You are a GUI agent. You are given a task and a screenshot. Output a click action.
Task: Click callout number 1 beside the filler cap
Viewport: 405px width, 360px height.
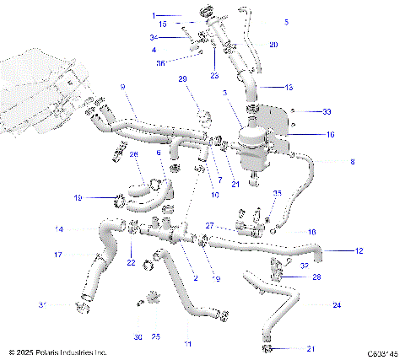point(154,15)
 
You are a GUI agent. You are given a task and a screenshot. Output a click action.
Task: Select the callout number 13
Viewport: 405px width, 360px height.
point(289,87)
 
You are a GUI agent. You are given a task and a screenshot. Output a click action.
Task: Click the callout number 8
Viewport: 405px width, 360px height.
point(353,162)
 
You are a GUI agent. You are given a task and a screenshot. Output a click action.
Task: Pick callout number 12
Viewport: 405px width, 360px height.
point(359,250)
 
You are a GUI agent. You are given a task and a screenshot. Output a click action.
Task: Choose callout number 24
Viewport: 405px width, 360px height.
point(337,304)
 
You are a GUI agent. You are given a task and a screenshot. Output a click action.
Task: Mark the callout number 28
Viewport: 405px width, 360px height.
point(316,277)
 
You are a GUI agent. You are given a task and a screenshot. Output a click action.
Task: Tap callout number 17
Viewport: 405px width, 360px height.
point(58,255)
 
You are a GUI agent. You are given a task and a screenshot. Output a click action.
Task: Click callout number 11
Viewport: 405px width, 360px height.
point(187,344)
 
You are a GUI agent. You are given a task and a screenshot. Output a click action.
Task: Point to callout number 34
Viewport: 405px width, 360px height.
point(154,38)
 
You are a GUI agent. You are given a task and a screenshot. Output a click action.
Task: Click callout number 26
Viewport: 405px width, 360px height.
point(134,154)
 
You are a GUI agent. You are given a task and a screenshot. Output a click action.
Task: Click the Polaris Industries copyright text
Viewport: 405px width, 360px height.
point(57,352)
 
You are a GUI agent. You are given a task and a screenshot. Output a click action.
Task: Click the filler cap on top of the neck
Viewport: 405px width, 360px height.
point(207,13)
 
